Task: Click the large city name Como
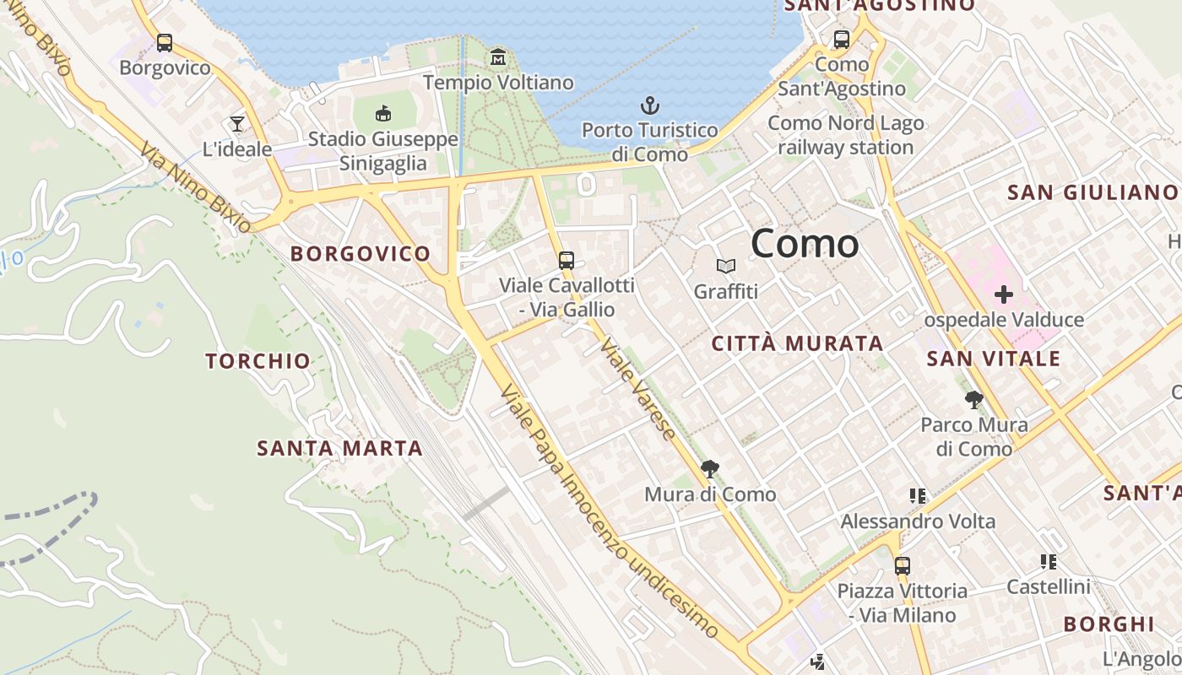(x=805, y=244)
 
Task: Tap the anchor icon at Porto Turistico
(x=649, y=106)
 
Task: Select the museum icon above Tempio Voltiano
(x=498, y=57)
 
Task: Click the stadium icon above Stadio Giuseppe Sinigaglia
(x=382, y=113)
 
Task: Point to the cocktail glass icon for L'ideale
(x=237, y=125)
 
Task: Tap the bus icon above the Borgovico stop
(x=165, y=42)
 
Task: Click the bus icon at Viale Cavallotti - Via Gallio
(x=567, y=261)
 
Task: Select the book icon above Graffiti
(x=726, y=267)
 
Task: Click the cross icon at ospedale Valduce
(x=1003, y=294)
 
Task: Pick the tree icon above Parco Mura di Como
(x=973, y=400)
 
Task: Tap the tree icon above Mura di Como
(x=710, y=468)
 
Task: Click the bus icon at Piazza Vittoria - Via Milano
(x=903, y=566)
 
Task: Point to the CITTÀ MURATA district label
(x=797, y=343)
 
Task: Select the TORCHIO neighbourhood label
(x=258, y=361)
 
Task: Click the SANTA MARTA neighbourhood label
(x=339, y=448)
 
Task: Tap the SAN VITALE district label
(x=993, y=359)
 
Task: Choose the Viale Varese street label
(x=638, y=389)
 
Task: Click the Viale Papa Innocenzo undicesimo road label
(x=608, y=511)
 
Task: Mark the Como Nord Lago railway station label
(x=846, y=136)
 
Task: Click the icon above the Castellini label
(x=1049, y=562)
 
